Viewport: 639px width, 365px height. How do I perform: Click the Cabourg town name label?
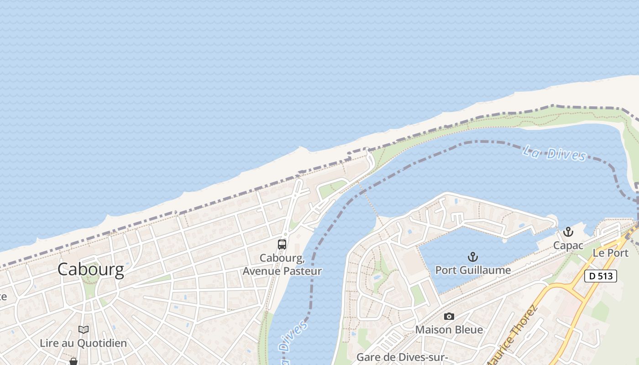[90, 270]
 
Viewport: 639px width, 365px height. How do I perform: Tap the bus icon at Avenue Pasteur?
[282, 245]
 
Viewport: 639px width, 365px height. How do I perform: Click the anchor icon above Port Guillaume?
[472, 257]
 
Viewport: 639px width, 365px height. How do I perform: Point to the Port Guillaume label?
[473, 270]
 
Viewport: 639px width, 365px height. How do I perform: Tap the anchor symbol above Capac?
[568, 232]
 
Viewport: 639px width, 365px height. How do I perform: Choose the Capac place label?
[568, 245]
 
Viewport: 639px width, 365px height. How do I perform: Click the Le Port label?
[610, 253]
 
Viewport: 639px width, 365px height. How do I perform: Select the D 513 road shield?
[601, 276]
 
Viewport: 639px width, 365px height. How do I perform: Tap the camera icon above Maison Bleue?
[449, 316]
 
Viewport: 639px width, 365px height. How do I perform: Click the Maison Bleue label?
[449, 329]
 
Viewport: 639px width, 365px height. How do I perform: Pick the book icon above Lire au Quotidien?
[83, 329]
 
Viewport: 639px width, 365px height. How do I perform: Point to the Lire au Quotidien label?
[83, 343]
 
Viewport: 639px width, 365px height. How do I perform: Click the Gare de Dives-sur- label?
[402, 357]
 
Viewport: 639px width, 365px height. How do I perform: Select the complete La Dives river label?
[554, 153]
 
